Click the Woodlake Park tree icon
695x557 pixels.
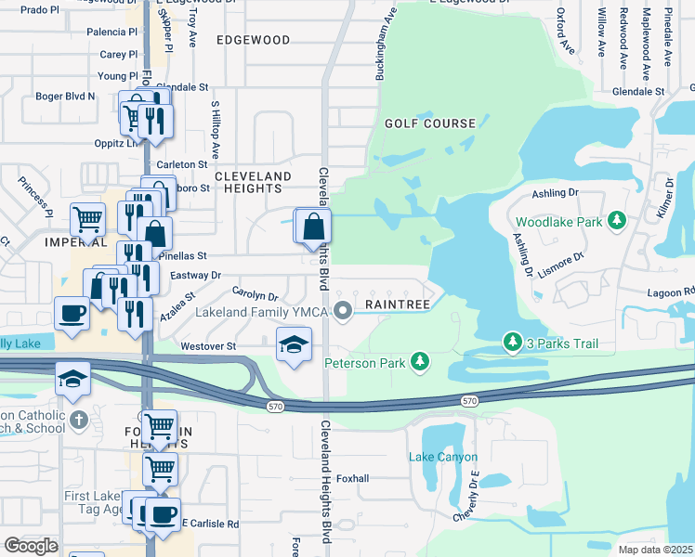(615, 221)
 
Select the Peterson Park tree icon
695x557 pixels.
(420, 360)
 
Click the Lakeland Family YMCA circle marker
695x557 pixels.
(343, 310)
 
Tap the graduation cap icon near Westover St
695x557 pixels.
(294, 344)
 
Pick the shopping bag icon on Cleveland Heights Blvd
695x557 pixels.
(315, 226)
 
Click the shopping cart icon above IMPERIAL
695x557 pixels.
(88, 220)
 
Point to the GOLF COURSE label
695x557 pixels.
(430, 123)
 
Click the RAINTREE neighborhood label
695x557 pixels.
(397, 304)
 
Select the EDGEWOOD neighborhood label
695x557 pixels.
(253, 41)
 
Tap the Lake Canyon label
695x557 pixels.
(443, 458)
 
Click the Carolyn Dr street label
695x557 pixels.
(256, 293)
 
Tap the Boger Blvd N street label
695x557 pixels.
(65, 96)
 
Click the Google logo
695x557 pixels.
(31, 546)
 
